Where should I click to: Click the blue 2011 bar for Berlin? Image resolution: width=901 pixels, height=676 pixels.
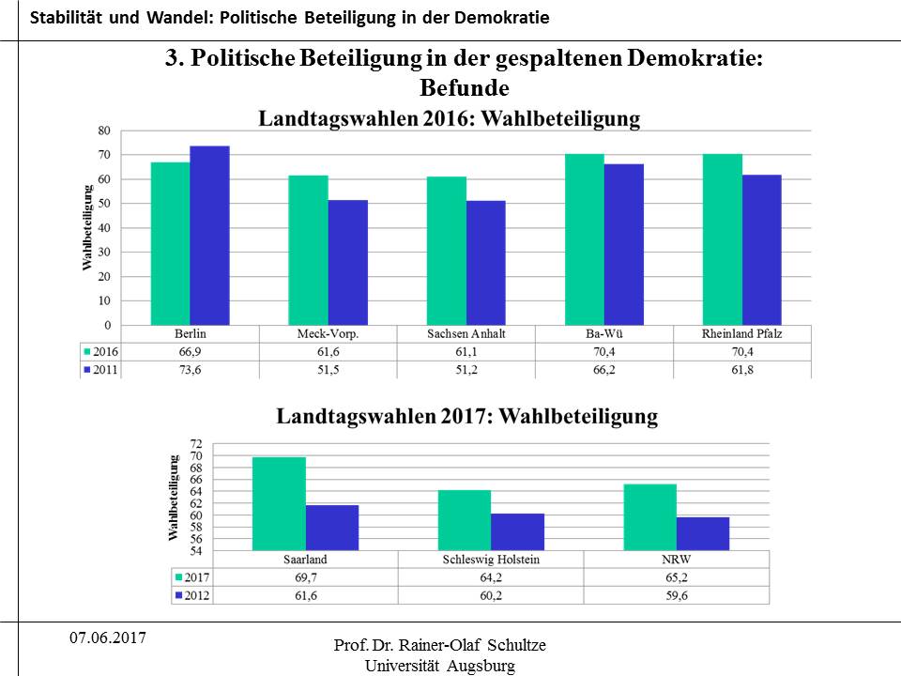pyautogui.click(x=209, y=236)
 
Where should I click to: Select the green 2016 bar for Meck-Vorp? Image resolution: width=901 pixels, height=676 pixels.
pyautogui.click(x=309, y=250)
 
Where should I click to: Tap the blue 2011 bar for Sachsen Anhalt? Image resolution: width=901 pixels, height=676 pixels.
pyautogui.click(x=486, y=263)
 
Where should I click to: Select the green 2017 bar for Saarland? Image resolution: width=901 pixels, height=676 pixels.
pyautogui.click(x=279, y=504)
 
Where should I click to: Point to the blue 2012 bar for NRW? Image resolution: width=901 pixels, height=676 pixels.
pyautogui.click(x=703, y=533)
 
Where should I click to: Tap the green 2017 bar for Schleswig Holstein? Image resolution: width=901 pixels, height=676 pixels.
pyautogui.click(x=465, y=520)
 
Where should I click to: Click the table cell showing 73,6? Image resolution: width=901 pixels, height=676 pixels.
pyautogui.click(x=191, y=370)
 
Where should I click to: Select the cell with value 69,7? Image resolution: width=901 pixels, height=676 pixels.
pyautogui.click(x=305, y=577)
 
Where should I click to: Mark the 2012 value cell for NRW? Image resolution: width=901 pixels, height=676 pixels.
pyautogui.click(x=676, y=595)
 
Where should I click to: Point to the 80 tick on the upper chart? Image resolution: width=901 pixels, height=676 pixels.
pyautogui.click(x=104, y=131)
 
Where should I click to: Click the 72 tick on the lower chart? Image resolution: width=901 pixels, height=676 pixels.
pyautogui.click(x=195, y=443)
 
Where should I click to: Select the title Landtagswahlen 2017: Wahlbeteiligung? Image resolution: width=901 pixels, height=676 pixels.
pyautogui.click(x=466, y=416)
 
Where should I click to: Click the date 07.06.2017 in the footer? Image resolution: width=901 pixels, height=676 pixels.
pyautogui.click(x=107, y=638)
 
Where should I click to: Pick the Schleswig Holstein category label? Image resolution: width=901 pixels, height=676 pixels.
pyautogui.click(x=491, y=560)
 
